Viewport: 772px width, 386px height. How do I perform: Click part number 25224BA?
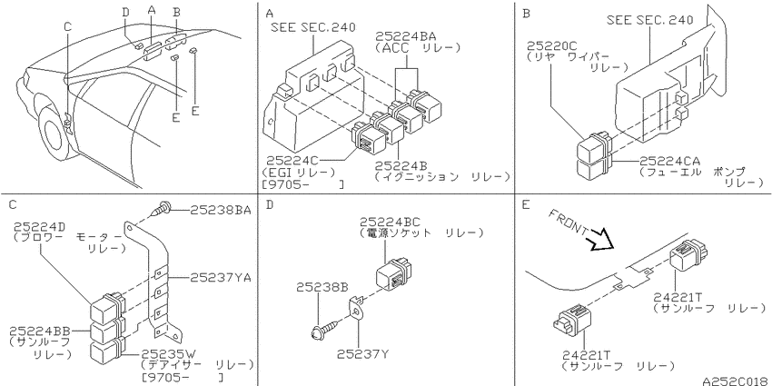point(406,36)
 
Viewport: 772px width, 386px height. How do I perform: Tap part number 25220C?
point(551,45)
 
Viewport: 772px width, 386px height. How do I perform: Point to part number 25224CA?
point(670,161)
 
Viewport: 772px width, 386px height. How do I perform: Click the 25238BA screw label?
point(221,210)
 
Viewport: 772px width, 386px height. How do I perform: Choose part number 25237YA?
point(221,278)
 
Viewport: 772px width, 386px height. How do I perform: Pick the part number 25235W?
point(169,354)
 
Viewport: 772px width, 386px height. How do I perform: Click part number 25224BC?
point(390,222)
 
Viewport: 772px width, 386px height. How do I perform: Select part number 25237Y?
point(363,354)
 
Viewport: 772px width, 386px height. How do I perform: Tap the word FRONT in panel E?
point(568,222)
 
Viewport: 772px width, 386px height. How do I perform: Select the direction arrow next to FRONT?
point(600,241)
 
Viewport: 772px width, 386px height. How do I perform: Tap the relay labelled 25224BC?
point(394,274)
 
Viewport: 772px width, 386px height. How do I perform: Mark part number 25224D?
point(39,227)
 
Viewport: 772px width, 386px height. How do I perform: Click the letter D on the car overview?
point(126,13)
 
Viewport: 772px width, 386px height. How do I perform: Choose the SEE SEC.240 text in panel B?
point(650,20)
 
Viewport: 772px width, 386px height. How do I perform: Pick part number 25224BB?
point(40,330)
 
